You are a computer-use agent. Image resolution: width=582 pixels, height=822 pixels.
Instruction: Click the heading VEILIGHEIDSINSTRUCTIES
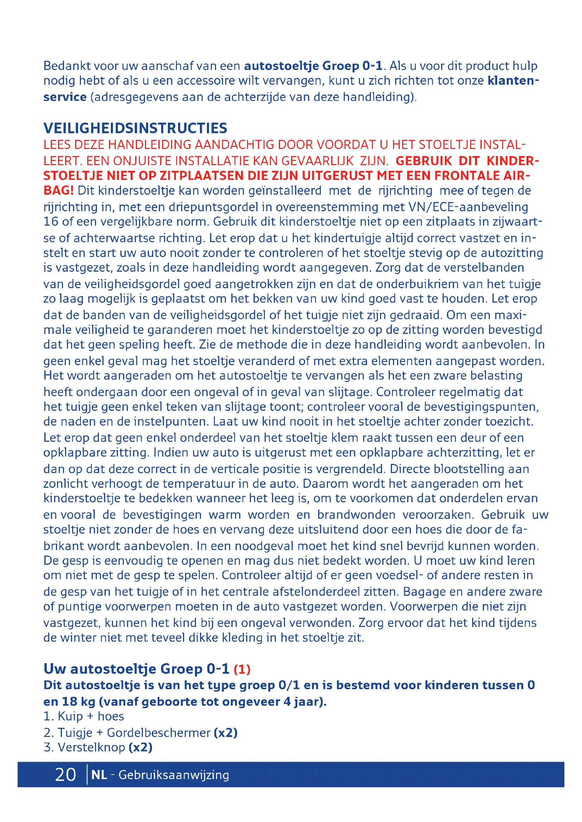[135, 128]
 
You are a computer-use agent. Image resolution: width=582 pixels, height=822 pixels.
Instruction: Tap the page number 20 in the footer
[65, 775]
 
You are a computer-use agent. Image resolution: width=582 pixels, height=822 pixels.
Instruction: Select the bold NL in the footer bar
[99, 775]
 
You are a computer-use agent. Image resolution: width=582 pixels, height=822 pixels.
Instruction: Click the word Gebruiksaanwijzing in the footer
[173, 775]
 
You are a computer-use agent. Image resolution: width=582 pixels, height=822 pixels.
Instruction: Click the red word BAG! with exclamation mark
[58, 190]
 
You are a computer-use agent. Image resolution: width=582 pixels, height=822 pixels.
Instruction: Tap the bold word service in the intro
[65, 97]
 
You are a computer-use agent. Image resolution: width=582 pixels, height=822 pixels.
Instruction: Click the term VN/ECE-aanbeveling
[468, 207]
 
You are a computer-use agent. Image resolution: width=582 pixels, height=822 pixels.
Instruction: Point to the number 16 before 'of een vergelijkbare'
[51, 222]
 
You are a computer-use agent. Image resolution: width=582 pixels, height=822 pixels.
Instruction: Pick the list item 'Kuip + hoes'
[90, 716]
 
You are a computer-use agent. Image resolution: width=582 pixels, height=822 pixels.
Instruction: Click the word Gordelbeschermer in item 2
[158, 732]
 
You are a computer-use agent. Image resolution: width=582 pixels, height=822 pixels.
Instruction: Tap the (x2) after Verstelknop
[140, 747]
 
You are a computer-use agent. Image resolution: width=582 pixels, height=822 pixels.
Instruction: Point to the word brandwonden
[356, 514]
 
